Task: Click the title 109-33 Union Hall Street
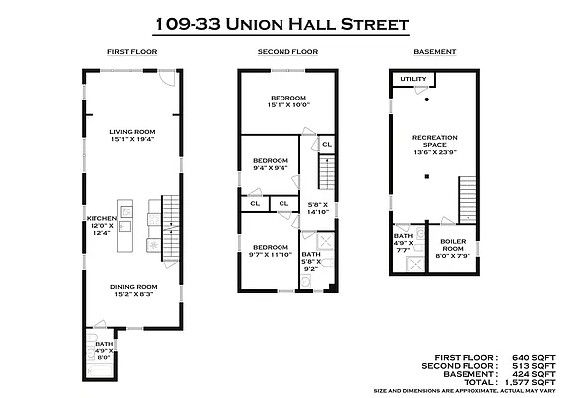tap(282, 25)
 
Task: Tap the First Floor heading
tap(132, 52)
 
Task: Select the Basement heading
tap(435, 52)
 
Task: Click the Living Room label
tap(132, 132)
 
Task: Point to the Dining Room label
tap(134, 287)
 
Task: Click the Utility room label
tap(413, 79)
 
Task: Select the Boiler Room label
tap(453, 245)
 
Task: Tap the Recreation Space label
tap(435, 141)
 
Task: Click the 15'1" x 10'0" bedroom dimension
tap(288, 105)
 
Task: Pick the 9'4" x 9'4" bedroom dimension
tap(271, 168)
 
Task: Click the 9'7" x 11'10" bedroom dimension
tap(271, 254)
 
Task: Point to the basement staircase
tap(468, 199)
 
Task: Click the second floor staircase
tap(327, 172)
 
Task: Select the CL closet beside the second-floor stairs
tap(327, 144)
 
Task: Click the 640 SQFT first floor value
tap(534, 358)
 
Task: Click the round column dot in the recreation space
tap(427, 99)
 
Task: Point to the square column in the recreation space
tap(427, 176)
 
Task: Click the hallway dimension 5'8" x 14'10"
tap(318, 208)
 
